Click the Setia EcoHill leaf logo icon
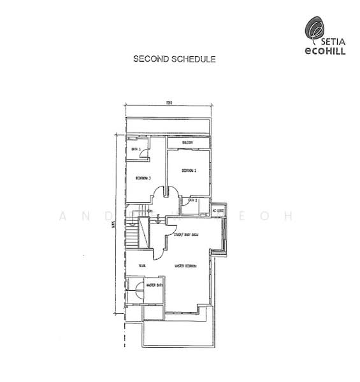(x=313, y=29)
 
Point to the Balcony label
(x=187, y=143)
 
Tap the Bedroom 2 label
(x=189, y=171)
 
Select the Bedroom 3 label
(x=141, y=178)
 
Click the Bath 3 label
(x=135, y=150)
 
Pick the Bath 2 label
(x=192, y=201)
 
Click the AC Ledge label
(x=219, y=211)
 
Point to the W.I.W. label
(x=141, y=265)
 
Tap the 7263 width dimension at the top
(x=169, y=103)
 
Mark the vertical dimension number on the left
(x=113, y=223)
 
